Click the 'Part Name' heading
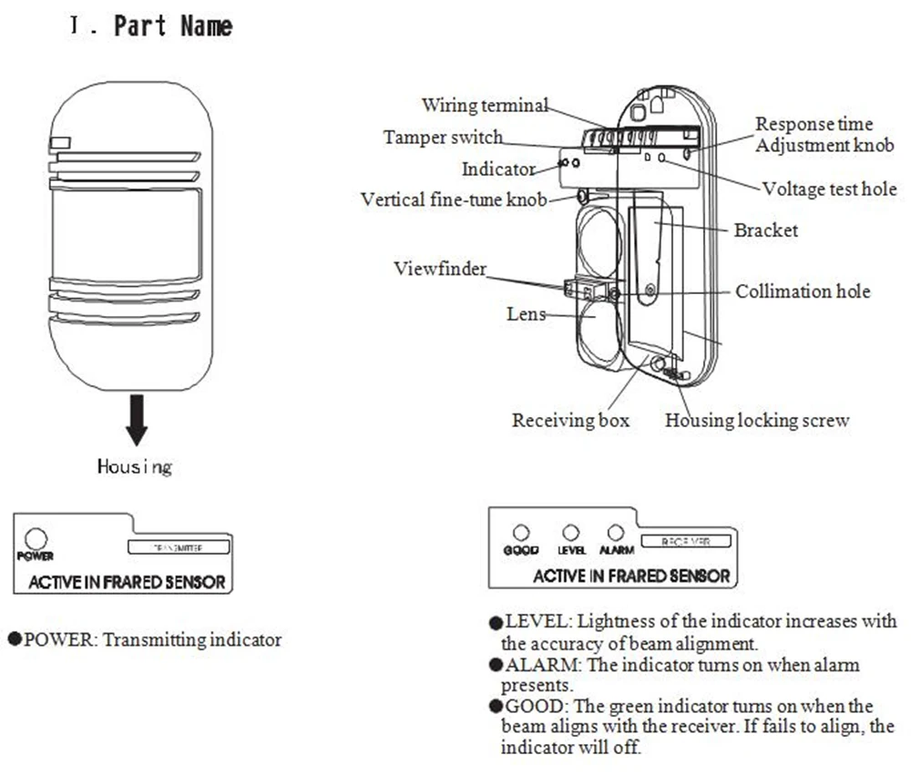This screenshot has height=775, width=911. click(172, 25)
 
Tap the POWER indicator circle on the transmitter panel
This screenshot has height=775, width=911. click(36, 538)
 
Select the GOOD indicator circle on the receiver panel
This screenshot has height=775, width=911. click(521, 533)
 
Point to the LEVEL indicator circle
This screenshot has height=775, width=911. click(571, 533)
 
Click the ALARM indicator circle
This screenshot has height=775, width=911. click(616, 533)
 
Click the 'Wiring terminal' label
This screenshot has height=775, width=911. click(485, 105)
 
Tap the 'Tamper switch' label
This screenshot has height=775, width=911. click(443, 138)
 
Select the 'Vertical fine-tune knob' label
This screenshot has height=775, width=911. click(454, 199)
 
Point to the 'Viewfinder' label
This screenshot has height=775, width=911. click(440, 269)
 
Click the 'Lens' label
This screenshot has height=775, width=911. click(527, 314)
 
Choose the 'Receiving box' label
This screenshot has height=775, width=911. click(570, 421)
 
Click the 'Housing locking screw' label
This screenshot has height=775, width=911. click(757, 421)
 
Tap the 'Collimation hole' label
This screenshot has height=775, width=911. click(803, 291)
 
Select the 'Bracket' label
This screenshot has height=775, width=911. click(765, 229)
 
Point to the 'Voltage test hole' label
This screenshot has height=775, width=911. click(829, 189)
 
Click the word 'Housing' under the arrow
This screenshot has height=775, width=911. click(135, 467)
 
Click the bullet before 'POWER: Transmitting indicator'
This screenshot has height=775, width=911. click(15, 639)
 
